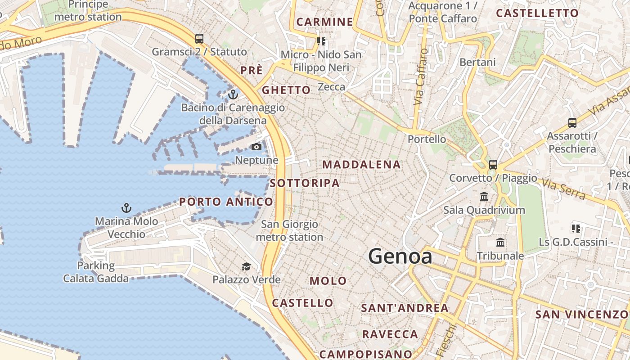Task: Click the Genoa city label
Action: pyautogui.click(x=400, y=256)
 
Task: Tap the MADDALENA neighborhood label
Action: pyautogui.click(x=361, y=165)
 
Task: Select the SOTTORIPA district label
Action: pyautogui.click(x=305, y=183)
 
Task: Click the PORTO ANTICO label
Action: pyautogui.click(x=226, y=202)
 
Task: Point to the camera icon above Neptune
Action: pyautogui.click(x=256, y=147)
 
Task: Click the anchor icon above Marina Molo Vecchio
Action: pyautogui.click(x=126, y=208)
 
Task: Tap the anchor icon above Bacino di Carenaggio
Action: pyautogui.click(x=233, y=94)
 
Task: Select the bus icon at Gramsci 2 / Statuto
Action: pyautogui.click(x=199, y=39)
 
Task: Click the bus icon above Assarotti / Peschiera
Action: pyautogui.click(x=572, y=122)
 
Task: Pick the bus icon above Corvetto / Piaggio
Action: pyautogui.click(x=493, y=165)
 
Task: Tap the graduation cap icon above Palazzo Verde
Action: pyautogui.click(x=246, y=267)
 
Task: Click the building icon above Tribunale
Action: pyautogui.click(x=500, y=243)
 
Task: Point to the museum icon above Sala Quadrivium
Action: pyautogui.click(x=484, y=197)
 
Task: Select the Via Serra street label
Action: pyautogui.click(x=563, y=189)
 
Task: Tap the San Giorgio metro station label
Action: pyautogui.click(x=289, y=230)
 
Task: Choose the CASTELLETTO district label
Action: pyautogui.click(x=537, y=13)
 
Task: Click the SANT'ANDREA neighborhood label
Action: pyautogui.click(x=405, y=308)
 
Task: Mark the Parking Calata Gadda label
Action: pyautogui.click(x=96, y=272)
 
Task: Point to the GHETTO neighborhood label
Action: pyautogui.click(x=286, y=90)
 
